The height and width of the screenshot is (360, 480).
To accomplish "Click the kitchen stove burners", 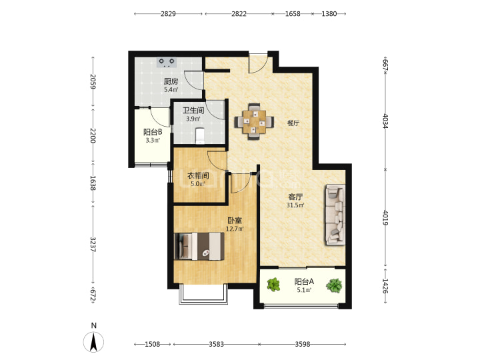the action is [x=167, y=62].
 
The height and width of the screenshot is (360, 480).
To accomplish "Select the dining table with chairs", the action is [x=254, y=121].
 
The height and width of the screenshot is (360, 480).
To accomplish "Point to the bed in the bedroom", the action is [x=199, y=247].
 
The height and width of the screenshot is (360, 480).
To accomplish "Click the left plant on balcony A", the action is [x=273, y=285].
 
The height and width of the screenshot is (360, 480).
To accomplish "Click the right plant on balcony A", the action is [x=334, y=285].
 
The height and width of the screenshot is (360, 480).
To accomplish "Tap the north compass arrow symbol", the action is [x=94, y=341].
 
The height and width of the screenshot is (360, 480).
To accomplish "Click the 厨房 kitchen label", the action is [x=171, y=81].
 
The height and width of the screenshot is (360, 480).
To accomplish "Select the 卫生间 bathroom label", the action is [x=193, y=110].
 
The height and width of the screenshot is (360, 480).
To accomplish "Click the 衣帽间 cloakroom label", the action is [x=198, y=176].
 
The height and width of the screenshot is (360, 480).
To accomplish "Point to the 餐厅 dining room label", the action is [x=293, y=123].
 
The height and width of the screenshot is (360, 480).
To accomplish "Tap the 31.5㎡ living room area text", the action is [x=295, y=205].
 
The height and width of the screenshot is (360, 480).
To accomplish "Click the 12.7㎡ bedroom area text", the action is [x=235, y=229].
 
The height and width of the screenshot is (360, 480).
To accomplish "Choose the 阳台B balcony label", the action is [x=153, y=132].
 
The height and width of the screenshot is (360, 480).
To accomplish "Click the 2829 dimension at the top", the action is [x=168, y=14].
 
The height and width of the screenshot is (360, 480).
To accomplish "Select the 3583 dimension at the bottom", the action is [x=216, y=345].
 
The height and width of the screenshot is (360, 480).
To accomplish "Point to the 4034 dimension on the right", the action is [x=385, y=121].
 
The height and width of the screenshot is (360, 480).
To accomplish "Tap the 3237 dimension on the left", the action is [x=93, y=244].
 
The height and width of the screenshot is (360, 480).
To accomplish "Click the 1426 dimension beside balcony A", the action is [x=385, y=286].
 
